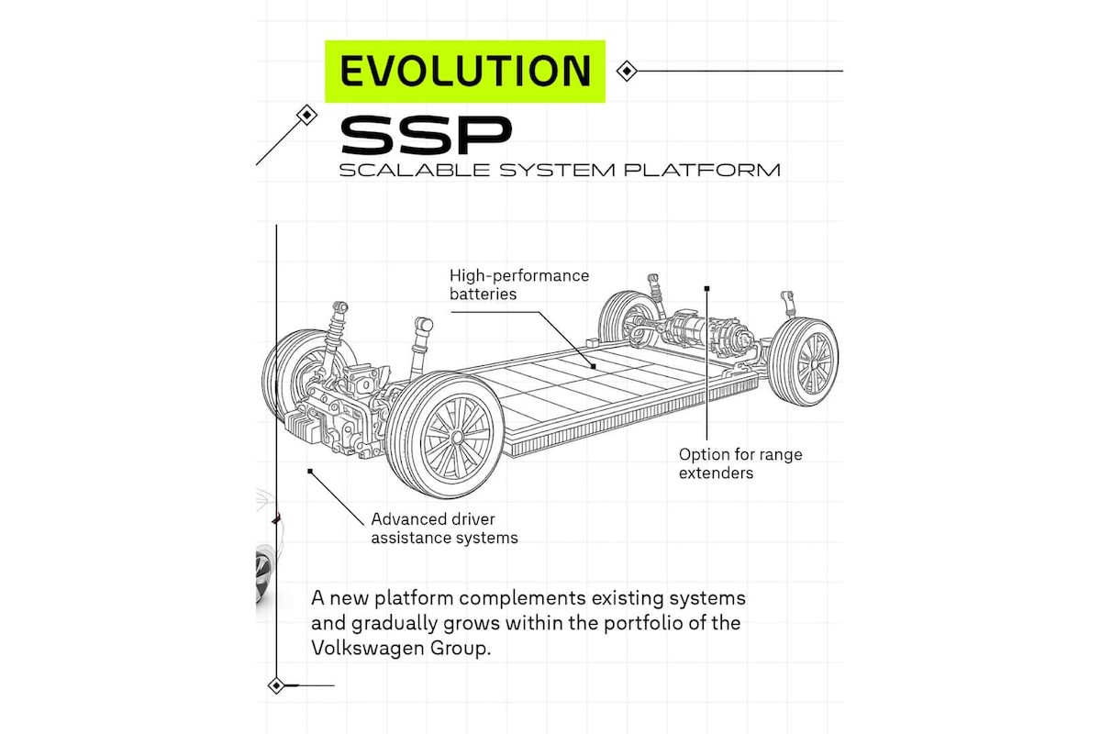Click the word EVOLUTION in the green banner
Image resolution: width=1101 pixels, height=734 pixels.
(465, 71)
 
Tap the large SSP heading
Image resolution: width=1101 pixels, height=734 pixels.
(425, 136)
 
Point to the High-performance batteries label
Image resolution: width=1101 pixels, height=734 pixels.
(518, 284)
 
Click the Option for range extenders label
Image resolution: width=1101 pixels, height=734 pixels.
(740, 463)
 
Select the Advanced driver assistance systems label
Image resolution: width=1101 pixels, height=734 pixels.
(444, 528)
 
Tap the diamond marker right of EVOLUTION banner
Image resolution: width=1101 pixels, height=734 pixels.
(626, 71)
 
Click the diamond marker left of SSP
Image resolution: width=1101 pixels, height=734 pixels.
(306, 115)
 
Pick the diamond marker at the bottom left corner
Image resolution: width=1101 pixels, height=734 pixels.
(275, 684)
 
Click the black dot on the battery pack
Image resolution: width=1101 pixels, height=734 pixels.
(594, 366)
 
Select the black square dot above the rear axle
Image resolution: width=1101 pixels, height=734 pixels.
(706, 288)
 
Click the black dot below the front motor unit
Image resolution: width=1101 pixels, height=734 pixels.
(310, 471)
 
